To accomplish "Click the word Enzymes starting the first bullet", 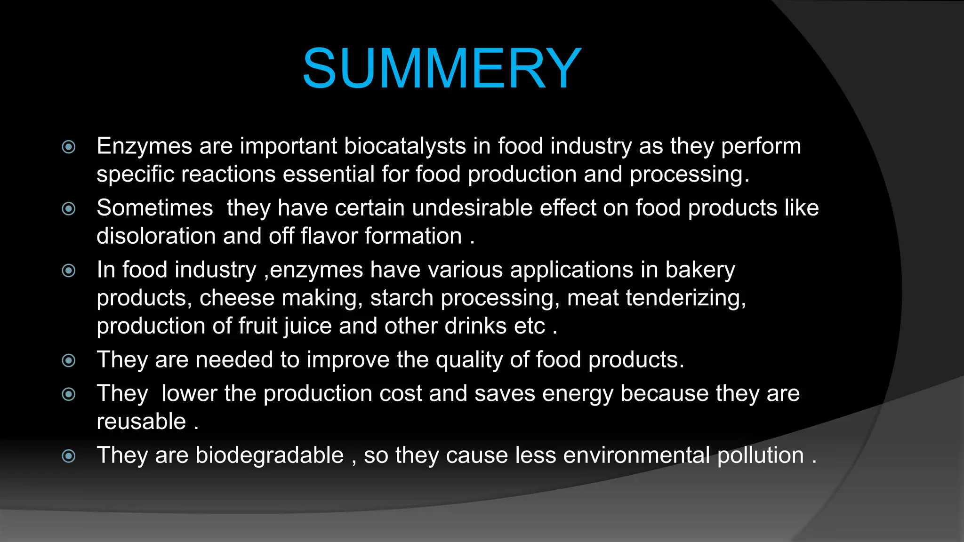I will [145, 146].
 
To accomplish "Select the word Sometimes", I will [155, 208].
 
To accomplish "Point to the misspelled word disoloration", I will [156, 236].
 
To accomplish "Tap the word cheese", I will [237, 298].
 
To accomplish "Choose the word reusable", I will [141, 422].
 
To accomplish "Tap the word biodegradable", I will [269, 455].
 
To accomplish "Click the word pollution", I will [760, 455].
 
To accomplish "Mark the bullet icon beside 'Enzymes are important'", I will [69, 147].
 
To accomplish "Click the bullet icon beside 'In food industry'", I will [69, 271].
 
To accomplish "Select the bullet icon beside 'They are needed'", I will [69, 361].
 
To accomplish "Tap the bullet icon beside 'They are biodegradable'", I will [69, 456].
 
